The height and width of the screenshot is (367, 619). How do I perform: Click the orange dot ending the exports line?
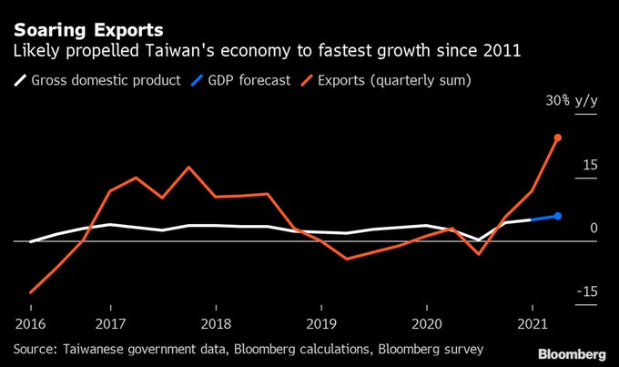click(558, 138)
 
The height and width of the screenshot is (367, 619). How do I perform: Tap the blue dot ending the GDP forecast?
click(558, 216)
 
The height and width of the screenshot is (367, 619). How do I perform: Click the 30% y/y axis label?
click(572, 101)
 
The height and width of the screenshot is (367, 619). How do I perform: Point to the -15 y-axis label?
click(586, 291)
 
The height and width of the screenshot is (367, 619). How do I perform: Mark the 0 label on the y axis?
click(594, 228)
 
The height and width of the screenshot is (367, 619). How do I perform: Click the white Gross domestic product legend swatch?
click(19, 80)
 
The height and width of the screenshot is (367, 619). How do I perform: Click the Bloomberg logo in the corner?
click(572, 353)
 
